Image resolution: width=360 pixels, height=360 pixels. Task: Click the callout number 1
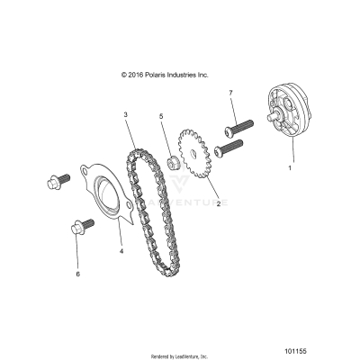(289, 167)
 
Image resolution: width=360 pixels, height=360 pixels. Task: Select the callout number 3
(127, 116)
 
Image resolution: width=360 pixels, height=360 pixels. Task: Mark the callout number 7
(230, 93)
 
